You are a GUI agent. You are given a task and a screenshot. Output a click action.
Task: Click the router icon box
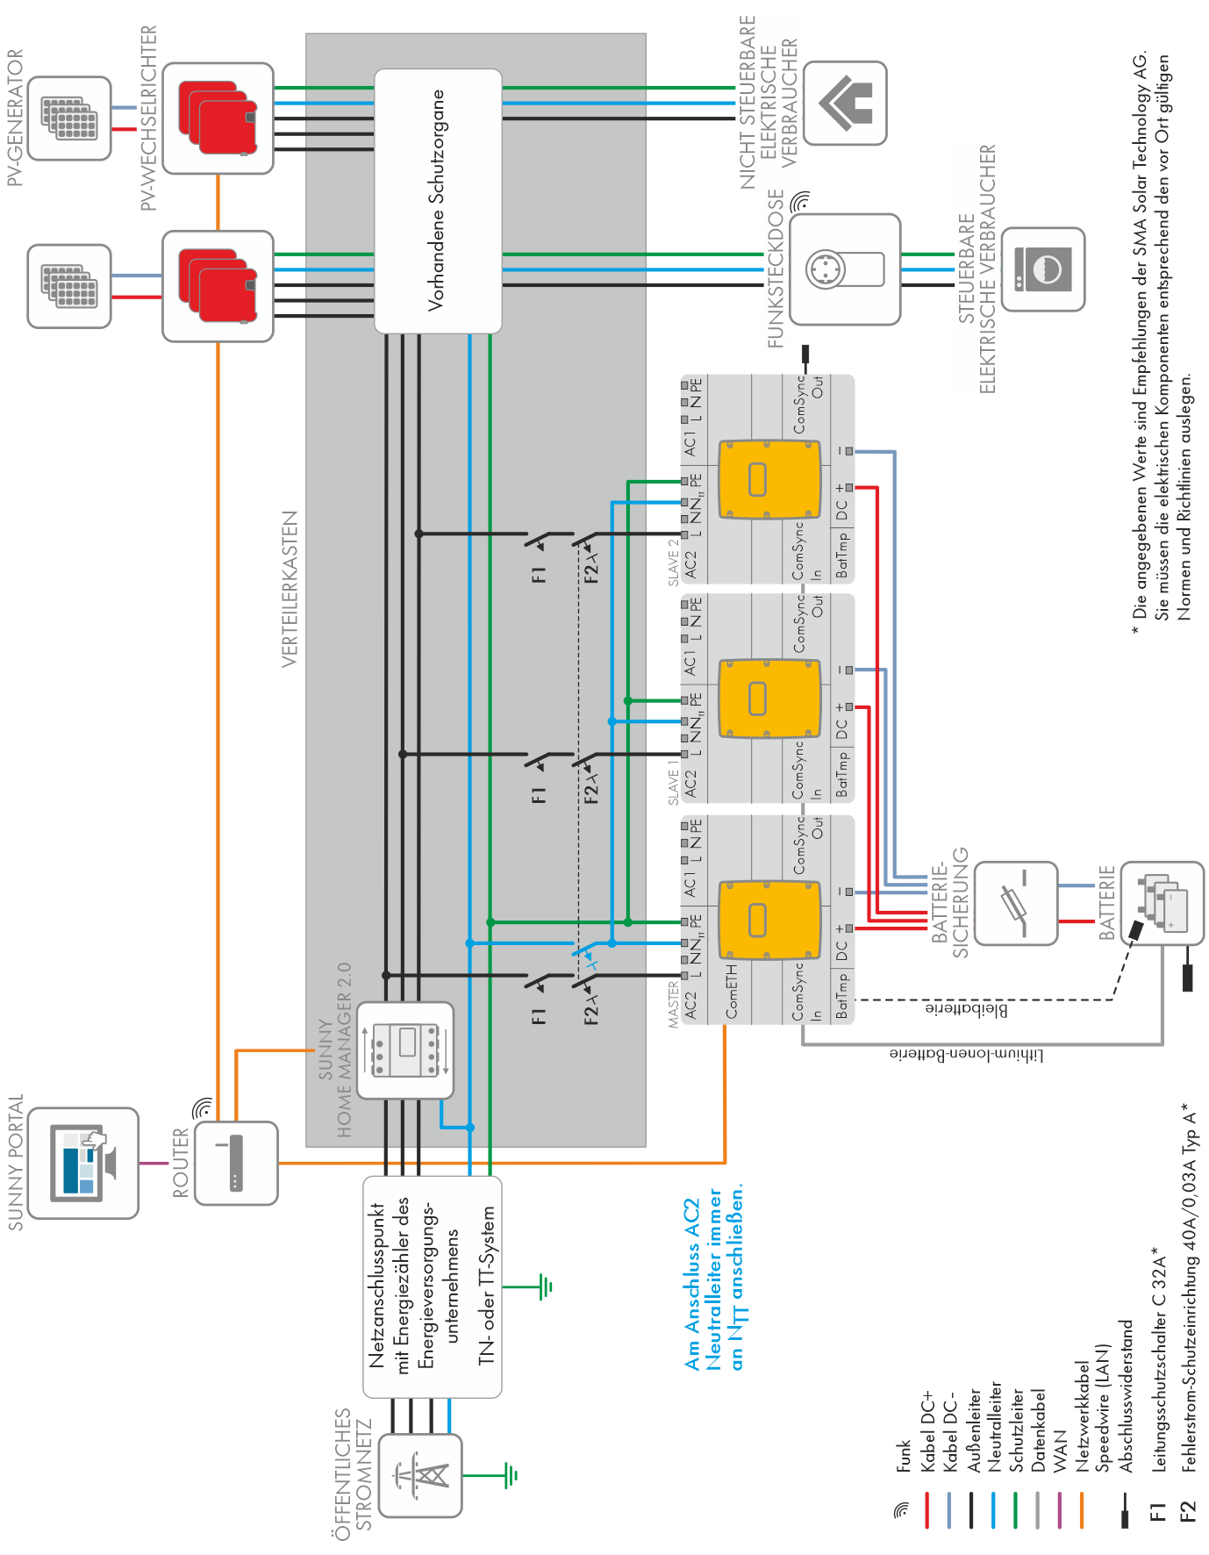(235, 1163)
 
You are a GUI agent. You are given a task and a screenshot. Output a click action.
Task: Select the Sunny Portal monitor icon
(83, 1163)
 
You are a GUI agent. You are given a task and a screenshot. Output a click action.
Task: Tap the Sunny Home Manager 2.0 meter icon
(405, 1050)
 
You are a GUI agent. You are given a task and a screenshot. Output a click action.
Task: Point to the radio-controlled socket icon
(844, 269)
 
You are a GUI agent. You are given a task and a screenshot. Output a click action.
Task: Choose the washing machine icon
(1043, 269)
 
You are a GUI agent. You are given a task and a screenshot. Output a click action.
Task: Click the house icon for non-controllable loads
(845, 103)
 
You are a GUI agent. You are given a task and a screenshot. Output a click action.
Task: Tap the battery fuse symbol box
(1015, 903)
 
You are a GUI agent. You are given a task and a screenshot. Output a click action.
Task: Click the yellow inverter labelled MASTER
(769, 920)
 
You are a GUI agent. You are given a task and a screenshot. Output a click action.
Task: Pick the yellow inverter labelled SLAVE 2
(769, 479)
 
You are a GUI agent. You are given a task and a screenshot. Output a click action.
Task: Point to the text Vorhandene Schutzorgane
(436, 200)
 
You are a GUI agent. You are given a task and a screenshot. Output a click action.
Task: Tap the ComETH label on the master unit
(732, 991)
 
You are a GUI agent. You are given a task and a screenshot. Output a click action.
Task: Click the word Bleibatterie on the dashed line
(966, 1009)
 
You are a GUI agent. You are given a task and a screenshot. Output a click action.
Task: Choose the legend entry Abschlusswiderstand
(1127, 1395)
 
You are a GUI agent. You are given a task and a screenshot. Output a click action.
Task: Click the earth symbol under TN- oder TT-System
(545, 1287)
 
